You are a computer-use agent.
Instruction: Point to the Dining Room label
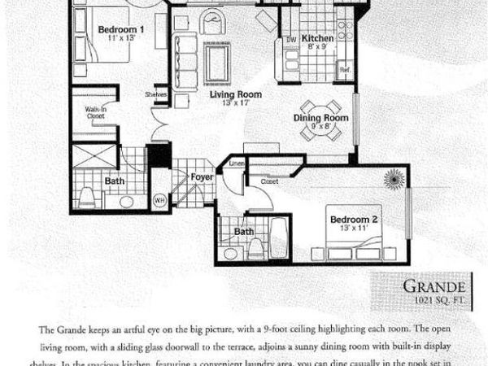click(x=320, y=118)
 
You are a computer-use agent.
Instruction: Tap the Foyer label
click(x=202, y=176)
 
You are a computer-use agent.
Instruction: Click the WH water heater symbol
click(x=160, y=199)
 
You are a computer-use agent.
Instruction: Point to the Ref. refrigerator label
click(x=345, y=71)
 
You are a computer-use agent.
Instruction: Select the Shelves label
click(x=157, y=94)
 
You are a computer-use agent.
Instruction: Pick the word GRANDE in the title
click(x=435, y=286)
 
